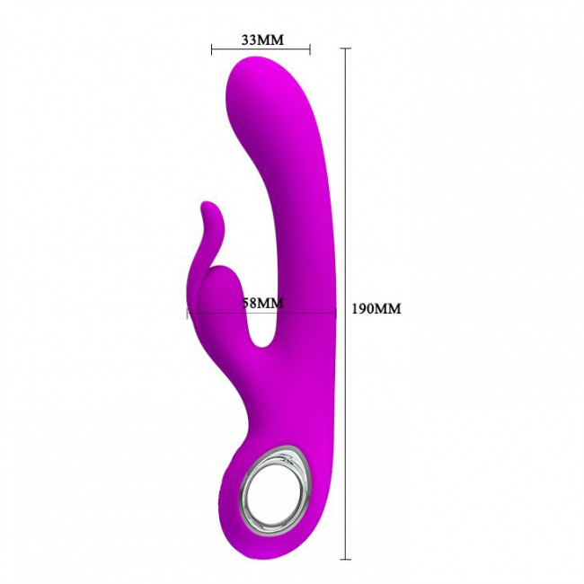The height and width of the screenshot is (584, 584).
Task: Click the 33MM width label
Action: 262,40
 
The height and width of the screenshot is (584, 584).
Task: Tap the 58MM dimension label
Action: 262,303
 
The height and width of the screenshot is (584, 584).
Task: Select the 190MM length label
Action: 376,309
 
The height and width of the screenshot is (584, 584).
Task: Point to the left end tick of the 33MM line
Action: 211,49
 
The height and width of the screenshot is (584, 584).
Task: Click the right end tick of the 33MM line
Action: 310,49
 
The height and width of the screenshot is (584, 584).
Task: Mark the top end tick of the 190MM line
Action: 345,49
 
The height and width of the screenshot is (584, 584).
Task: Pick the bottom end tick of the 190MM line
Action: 345,559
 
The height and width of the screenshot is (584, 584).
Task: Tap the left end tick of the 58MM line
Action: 187,314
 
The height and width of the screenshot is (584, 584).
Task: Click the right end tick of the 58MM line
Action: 336,314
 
